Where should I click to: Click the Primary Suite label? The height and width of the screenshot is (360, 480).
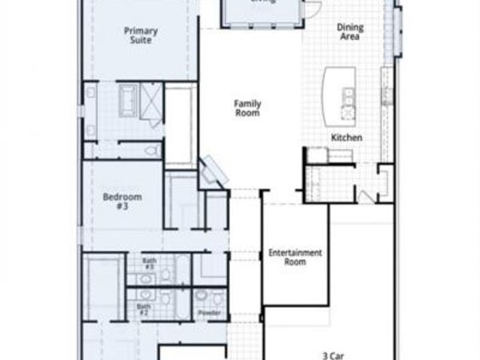click(141, 35)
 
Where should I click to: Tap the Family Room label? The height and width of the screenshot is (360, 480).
click(247, 108)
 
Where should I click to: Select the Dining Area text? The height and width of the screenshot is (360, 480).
click(350, 31)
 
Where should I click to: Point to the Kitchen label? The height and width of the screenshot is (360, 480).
click(346, 138)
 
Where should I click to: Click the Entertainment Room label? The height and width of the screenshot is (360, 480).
click(295, 257)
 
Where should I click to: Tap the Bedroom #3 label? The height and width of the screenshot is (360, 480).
click(122, 201)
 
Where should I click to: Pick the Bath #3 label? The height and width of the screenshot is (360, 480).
click(150, 263)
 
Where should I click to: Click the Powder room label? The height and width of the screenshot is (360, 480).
click(210, 313)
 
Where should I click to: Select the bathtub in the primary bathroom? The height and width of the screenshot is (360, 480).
click(128, 100)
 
